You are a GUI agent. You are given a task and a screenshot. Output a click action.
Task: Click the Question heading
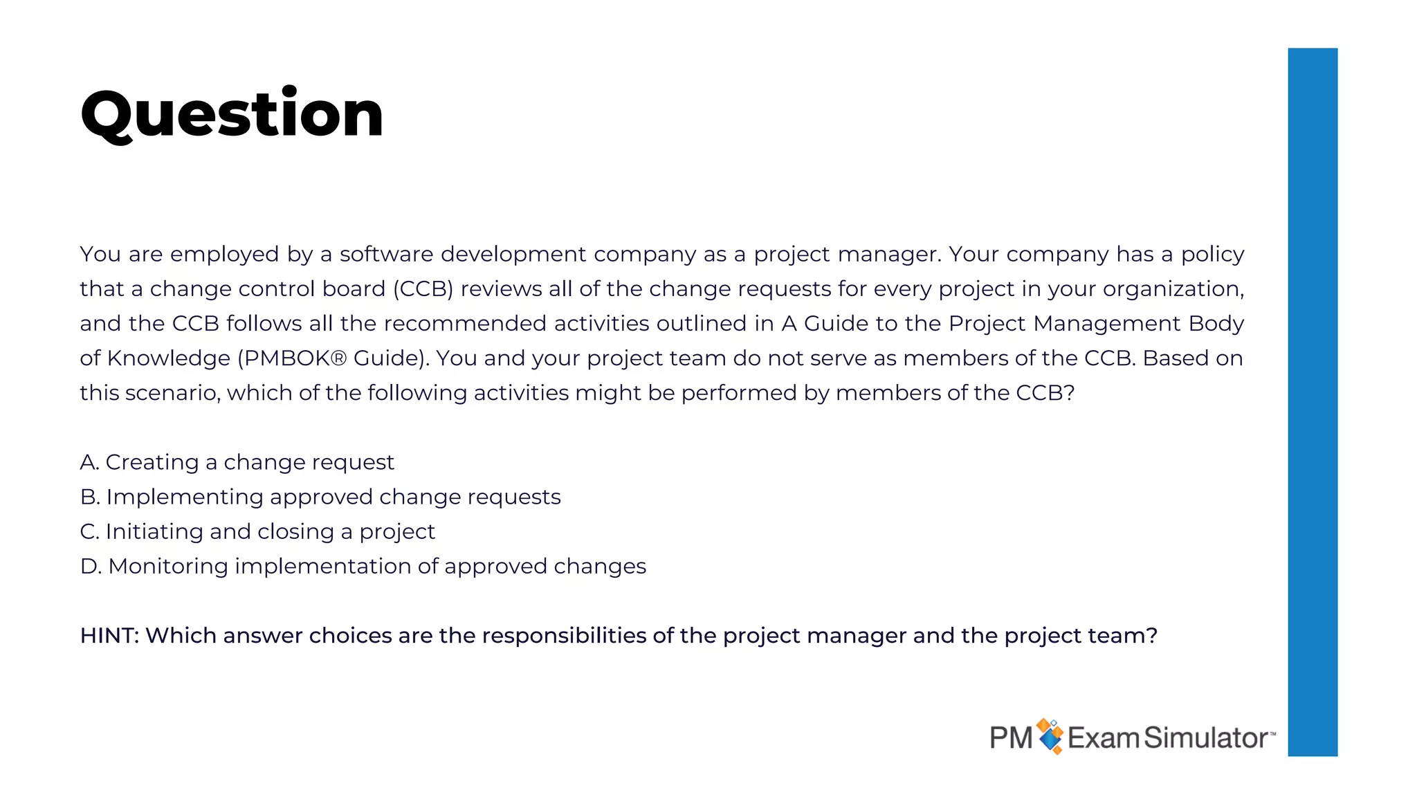click(232, 114)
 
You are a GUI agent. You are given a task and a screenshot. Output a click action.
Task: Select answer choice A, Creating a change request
click(237, 462)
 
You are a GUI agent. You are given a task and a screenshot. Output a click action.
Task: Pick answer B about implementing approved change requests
click(320, 497)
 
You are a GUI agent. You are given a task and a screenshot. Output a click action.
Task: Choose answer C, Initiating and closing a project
click(257, 531)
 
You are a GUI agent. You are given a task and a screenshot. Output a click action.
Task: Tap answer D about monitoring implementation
click(363, 566)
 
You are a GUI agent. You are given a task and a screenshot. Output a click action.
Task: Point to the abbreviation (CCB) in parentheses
click(423, 288)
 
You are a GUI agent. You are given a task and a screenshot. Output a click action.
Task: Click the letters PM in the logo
click(1011, 738)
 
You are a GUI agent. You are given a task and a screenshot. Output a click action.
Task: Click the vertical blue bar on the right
click(1312, 401)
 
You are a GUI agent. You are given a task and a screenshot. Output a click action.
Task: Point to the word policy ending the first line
click(1212, 255)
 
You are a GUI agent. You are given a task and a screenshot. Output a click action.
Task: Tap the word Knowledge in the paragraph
click(168, 358)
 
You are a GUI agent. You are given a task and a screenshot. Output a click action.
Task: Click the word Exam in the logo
click(1103, 738)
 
